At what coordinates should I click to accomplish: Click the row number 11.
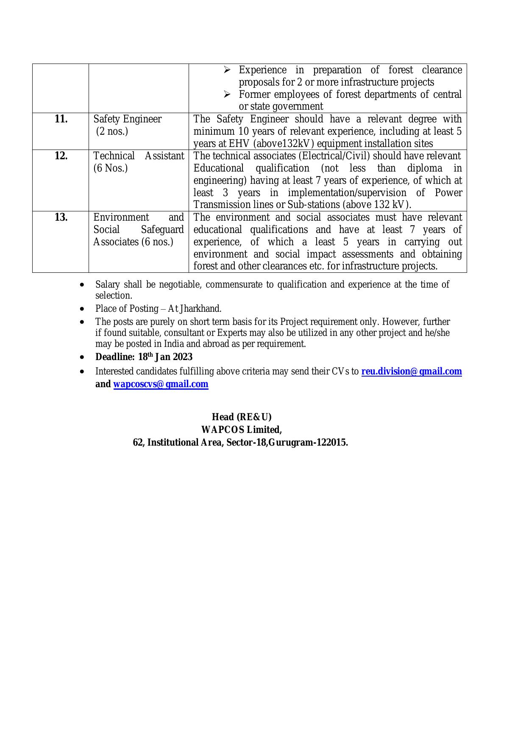point(61,119)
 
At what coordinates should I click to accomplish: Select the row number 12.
point(61,156)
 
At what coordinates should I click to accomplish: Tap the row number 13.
point(61,217)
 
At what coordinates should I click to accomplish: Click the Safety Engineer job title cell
point(127,119)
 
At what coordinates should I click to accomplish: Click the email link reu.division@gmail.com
point(411,371)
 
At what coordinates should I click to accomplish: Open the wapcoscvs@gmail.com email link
point(161,384)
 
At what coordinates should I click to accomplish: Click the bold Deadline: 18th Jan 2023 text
point(144,357)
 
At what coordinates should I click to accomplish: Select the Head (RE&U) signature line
point(242,417)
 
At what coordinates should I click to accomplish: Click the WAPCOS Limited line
point(242,430)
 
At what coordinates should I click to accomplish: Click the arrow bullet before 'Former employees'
point(227,94)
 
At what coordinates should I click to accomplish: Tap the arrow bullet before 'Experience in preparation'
point(227,69)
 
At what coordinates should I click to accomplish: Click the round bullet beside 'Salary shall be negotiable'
point(82,285)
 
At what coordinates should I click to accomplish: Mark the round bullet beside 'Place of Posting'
point(82,308)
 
